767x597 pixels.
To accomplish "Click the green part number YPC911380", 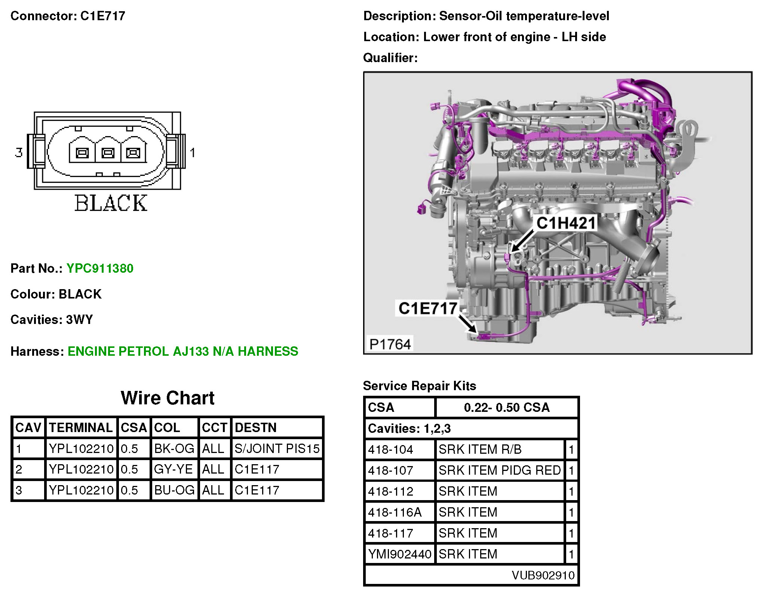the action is coord(100,269).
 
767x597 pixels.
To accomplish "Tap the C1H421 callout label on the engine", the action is coord(566,223).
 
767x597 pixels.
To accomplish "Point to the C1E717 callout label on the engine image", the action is coord(427,309).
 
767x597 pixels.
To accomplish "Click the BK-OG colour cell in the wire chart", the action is coord(174,448).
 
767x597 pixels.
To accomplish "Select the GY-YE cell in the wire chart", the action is coord(174,469).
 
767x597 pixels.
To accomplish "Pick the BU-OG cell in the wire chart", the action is coord(174,490).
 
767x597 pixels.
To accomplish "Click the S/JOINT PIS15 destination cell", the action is coord(277,448).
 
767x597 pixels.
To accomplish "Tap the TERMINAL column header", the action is coord(81,428).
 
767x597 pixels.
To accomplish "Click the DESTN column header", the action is coord(255,428).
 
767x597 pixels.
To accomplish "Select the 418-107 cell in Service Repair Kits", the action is coord(391,470).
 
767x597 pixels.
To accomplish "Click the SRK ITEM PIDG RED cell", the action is coord(500,470).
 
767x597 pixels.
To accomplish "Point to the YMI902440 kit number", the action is coord(400,554).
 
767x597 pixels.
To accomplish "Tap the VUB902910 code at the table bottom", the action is coord(543,575).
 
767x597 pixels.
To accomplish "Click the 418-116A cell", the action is coord(395,512).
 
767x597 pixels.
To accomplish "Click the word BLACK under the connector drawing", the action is coord(111,203).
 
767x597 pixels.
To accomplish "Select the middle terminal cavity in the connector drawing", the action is coord(108,153).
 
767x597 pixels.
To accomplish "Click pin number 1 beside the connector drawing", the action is coord(192,153).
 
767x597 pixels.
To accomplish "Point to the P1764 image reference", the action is coord(390,344).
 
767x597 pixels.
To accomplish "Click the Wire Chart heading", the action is coord(168,398).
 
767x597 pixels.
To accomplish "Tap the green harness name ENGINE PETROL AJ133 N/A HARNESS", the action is coord(183,352).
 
